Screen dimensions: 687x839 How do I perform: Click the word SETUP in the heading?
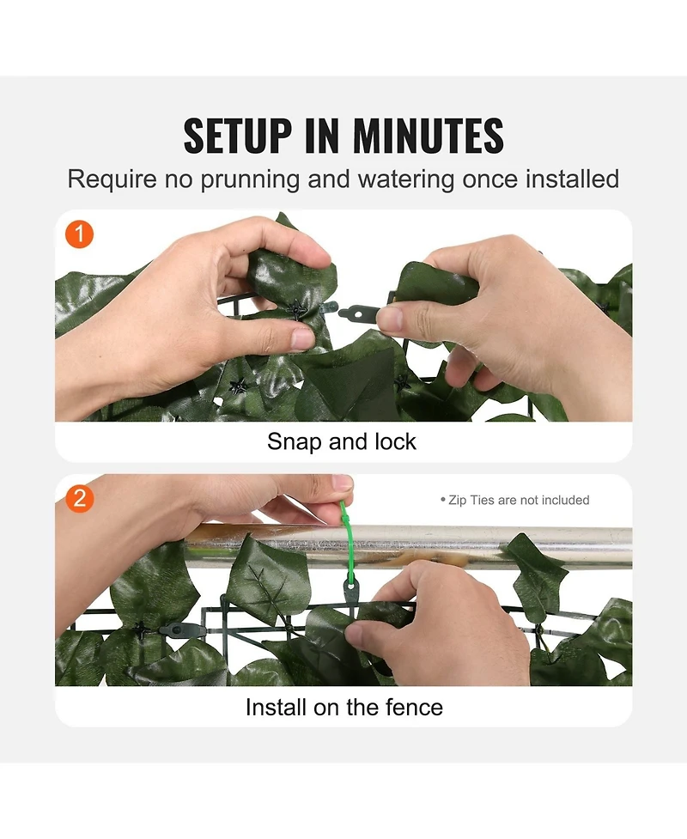pos(238,136)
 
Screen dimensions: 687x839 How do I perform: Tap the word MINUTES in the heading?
pos(428,136)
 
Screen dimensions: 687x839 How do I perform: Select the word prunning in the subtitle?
pos(250,179)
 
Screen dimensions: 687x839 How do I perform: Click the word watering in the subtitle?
pos(406,179)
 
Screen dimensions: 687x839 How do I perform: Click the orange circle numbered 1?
pos(79,234)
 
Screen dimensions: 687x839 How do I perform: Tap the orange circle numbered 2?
pos(79,499)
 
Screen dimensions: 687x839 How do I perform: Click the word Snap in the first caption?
pos(293,442)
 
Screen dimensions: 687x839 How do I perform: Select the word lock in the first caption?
pos(395,441)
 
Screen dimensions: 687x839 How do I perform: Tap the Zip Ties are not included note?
pos(514,500)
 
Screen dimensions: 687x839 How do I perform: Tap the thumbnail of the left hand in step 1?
pos(302,338)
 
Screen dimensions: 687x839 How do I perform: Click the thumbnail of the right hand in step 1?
pos(390,319)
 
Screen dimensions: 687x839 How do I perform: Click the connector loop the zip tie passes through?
pos(350,593)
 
